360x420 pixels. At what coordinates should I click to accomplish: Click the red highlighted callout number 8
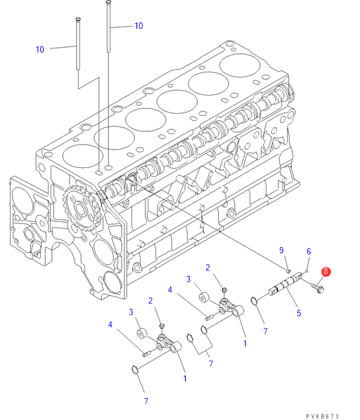[x=326, y=271]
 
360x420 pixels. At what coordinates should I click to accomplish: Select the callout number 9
[x=281, y=250]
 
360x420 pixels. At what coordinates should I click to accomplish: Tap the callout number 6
[x=309, y=251]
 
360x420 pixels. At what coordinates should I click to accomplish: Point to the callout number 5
[x=299, y=313]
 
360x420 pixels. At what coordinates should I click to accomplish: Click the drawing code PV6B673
[x=323, y=416]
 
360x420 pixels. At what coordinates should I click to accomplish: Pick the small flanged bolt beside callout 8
[x=318, y=288]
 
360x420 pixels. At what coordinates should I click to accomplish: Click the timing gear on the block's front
[x=82, y=208]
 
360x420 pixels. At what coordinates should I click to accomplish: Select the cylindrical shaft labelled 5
[x=286, y=286]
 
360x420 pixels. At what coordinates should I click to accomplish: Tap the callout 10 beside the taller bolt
[x=139, y=26]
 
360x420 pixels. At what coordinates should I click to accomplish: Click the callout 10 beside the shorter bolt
[x=39, y=49]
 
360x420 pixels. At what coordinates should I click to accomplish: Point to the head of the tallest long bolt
[x=108, y=2]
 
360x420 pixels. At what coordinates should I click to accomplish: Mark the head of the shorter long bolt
[x=78, y=19]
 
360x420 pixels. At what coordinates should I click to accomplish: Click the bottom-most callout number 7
[x=146, y=401]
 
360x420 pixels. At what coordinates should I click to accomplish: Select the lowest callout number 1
[x=185, y=379]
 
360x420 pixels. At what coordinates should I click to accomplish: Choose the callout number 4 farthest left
[x=110, y=324]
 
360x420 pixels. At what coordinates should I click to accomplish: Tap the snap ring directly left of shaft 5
[x=254, y=301]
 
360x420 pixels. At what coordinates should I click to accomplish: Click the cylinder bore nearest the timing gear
[x=82, y=156]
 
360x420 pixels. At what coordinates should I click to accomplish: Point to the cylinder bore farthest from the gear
[x=240, y=65]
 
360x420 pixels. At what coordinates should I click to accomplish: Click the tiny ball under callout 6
[x=307, y=271]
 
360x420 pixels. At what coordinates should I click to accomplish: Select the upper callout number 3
[x=188, y=279]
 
